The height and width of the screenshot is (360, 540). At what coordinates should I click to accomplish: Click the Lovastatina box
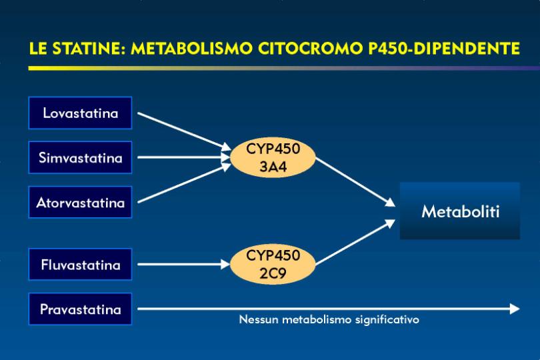tap(80, 113)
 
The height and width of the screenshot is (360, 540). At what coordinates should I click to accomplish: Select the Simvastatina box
tap(80, 157)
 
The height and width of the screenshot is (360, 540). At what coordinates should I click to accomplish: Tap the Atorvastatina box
tap(80, 202)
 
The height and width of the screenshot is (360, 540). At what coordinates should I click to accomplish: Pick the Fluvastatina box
tap(80, 264)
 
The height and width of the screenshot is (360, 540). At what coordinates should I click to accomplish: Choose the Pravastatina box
tap(80, 309)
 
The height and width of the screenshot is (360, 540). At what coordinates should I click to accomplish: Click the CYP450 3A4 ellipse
tap(273, 157)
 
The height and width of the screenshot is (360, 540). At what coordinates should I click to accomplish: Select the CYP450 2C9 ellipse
tap(273, 264)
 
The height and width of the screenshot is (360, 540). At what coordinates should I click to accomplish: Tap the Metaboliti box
tap(460, 211)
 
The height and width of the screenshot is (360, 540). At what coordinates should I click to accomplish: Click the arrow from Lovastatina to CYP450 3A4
tap(184, 131)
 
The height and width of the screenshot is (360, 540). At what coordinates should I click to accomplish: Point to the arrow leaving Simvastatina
tap(183, 157)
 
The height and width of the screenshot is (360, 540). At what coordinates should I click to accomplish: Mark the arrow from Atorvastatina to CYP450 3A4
tap(184, 183)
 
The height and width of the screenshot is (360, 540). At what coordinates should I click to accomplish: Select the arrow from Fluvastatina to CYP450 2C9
tap(183, 264)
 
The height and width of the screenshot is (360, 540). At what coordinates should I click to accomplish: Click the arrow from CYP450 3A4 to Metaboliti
tap(355, 182)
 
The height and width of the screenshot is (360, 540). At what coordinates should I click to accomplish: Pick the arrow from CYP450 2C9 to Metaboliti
tap(355, 242)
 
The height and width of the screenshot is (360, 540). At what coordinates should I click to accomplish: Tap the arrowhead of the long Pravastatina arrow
tap(515, 309)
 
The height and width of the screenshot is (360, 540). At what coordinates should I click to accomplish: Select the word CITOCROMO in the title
tap(310, 48)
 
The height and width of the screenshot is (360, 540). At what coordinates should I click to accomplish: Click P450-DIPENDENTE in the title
tap(444, 48)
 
